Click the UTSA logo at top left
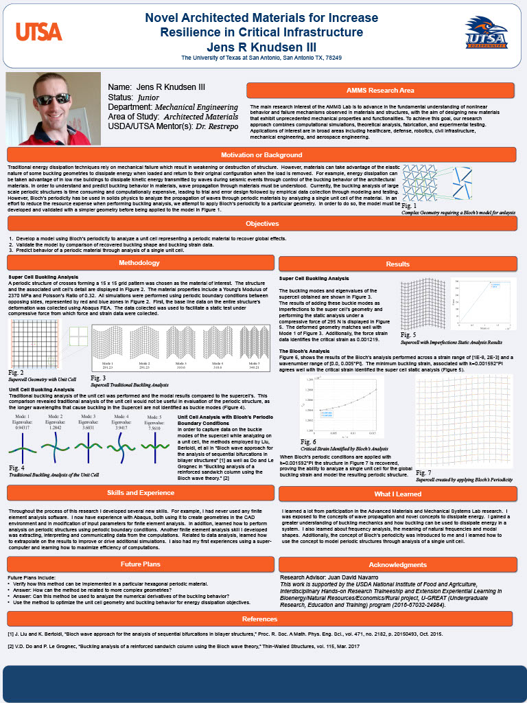pyautogui.click(x=38, y=31)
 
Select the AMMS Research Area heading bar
pyautogui.click(x=380, y=91)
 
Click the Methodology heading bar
pyautogui.click(x=139, y=263)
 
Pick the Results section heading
pyautogui.click(x=398, y=263)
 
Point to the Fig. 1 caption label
pyautogui.click(x=408, y=205)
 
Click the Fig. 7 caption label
pyautogui.click(x=424, y=473)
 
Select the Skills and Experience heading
pyautogui.click(x=139, y=493)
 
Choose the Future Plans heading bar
pyautogui.click(x=139, y=564)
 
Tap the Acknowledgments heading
pyautogui.click(x=398, y=564)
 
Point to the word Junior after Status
pyautogui.click(x=148, y=97)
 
